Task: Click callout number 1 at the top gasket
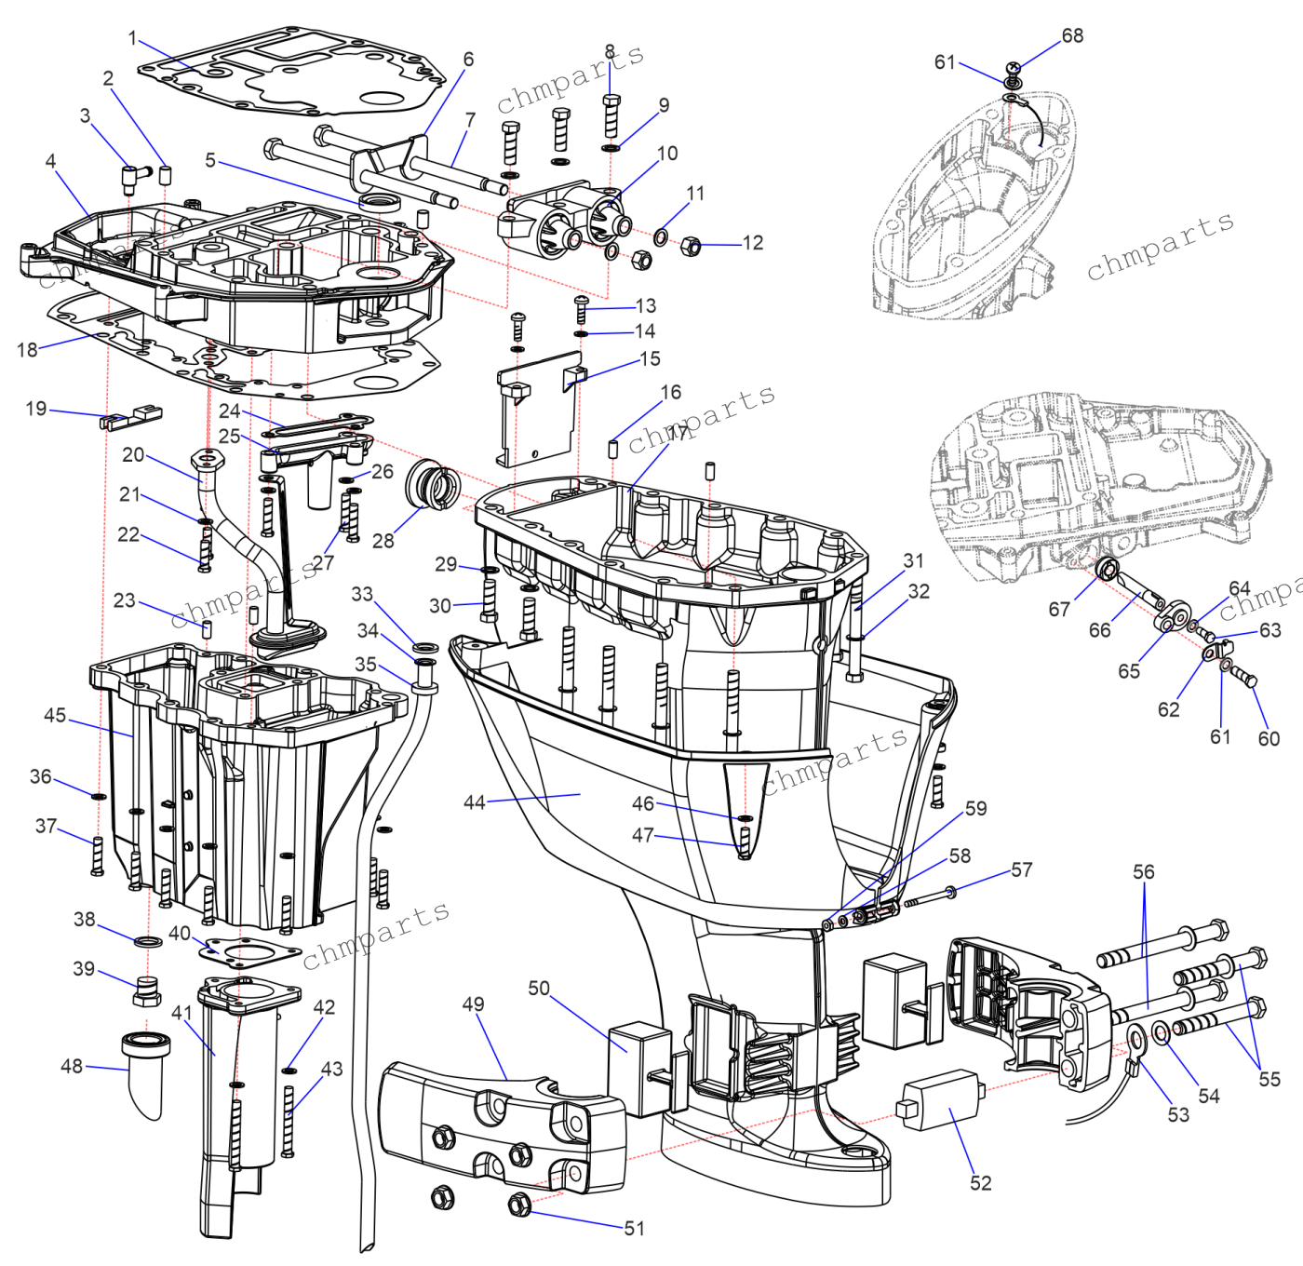click(x=132, y=38)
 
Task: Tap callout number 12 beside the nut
click(x=752, y=243)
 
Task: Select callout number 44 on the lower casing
click(x=474, y=802)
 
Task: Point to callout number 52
click(x=980, y=1183)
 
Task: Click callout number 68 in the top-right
click(x=1072, y=35)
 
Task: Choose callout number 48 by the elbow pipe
click(x=72, y=1066)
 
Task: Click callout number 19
click(x=36, y=409)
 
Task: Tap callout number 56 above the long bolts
click(x=1143, y=872)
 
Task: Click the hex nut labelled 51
click(x=519, y=1205)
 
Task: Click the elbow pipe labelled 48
click(x=147, y=1071)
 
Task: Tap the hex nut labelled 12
click(x=690, y=247)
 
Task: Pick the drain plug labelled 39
click(x=146, y=991)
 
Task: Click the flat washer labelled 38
click(x=148, y=942)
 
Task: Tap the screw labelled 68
click(x=1014, y=68)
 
